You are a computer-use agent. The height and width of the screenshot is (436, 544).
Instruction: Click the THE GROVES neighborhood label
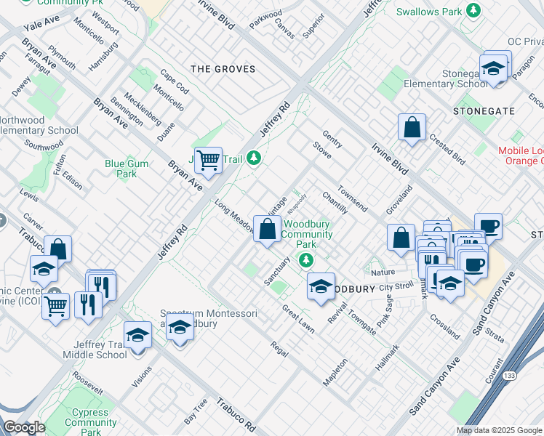click(223, 69)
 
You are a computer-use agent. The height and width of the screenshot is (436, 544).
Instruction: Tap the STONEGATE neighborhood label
click(484, 111)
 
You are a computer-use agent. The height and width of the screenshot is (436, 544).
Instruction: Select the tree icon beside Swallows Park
click(473, 11)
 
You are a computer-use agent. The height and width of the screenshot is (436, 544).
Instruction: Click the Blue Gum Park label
click(127, 169)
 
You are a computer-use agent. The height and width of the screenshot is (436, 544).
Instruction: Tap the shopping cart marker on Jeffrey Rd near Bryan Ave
click(209, 159)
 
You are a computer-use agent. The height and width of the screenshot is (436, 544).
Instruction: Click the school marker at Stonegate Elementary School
click(494, 69)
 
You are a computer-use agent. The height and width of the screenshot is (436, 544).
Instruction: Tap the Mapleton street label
click(335, 371)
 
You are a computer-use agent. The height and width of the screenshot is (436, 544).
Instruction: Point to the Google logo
click(24, 427)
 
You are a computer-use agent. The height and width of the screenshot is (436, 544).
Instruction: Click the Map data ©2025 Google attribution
click(498, 430)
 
